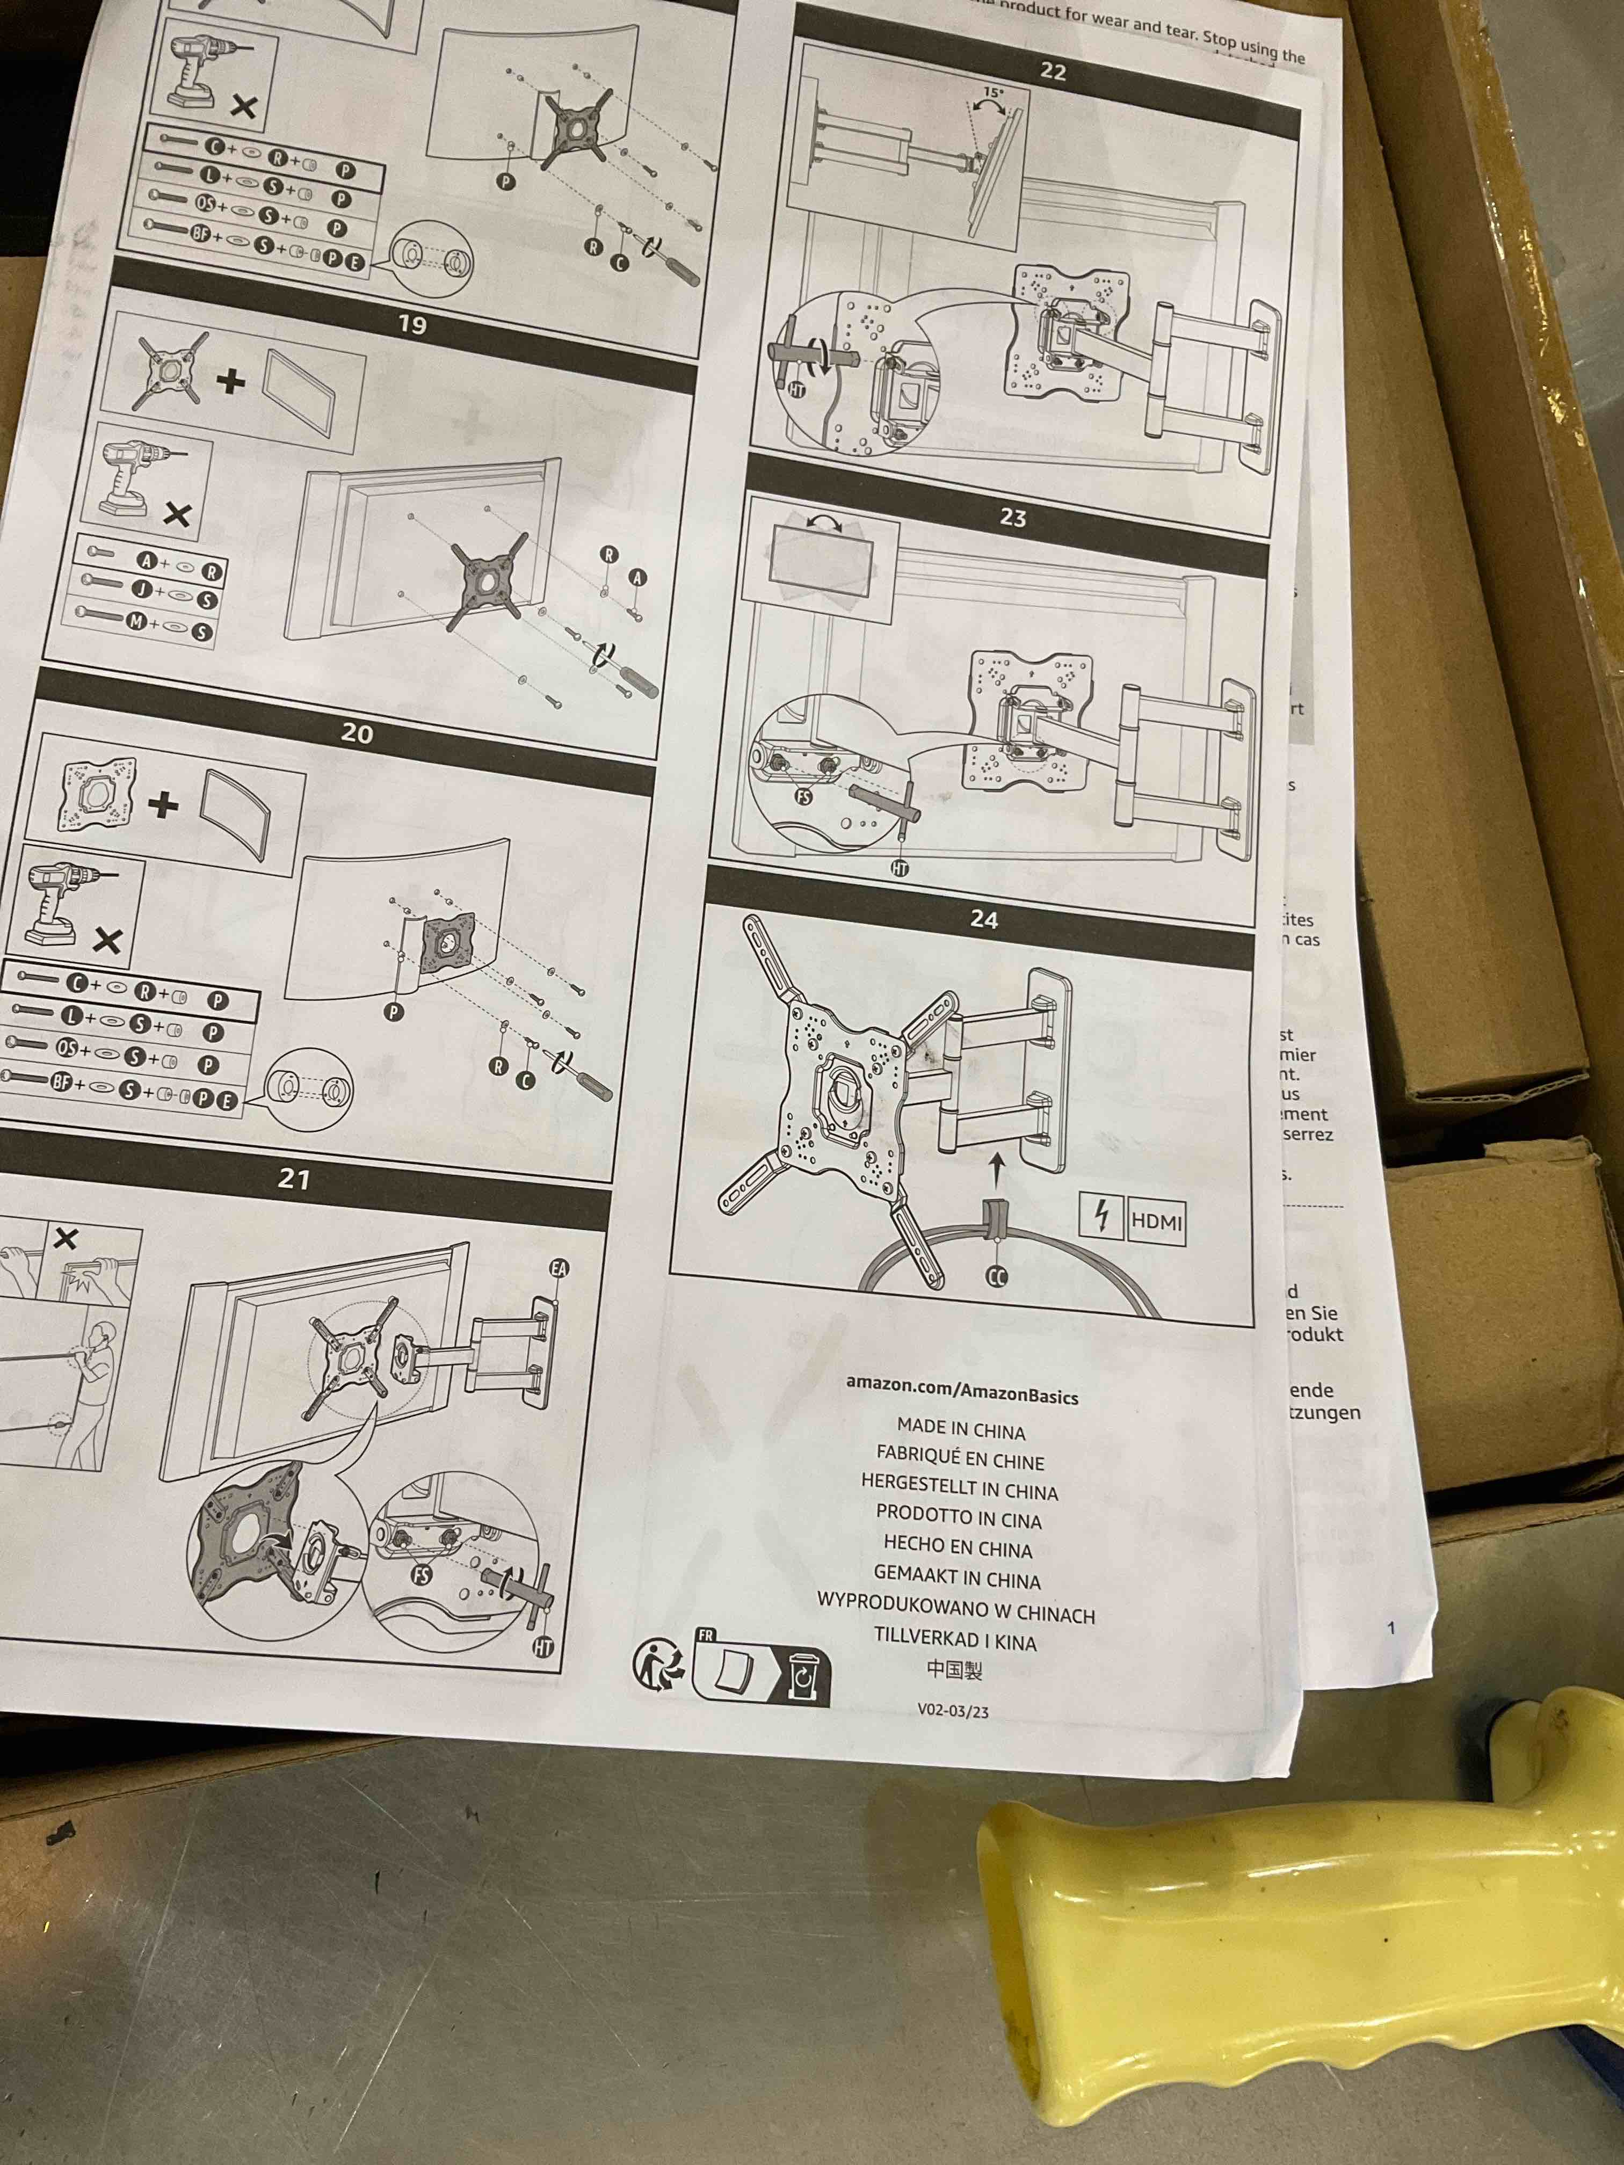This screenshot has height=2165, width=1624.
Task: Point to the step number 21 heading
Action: tap(294, 1179)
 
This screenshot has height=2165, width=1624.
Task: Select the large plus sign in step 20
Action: tap(163, 804)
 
